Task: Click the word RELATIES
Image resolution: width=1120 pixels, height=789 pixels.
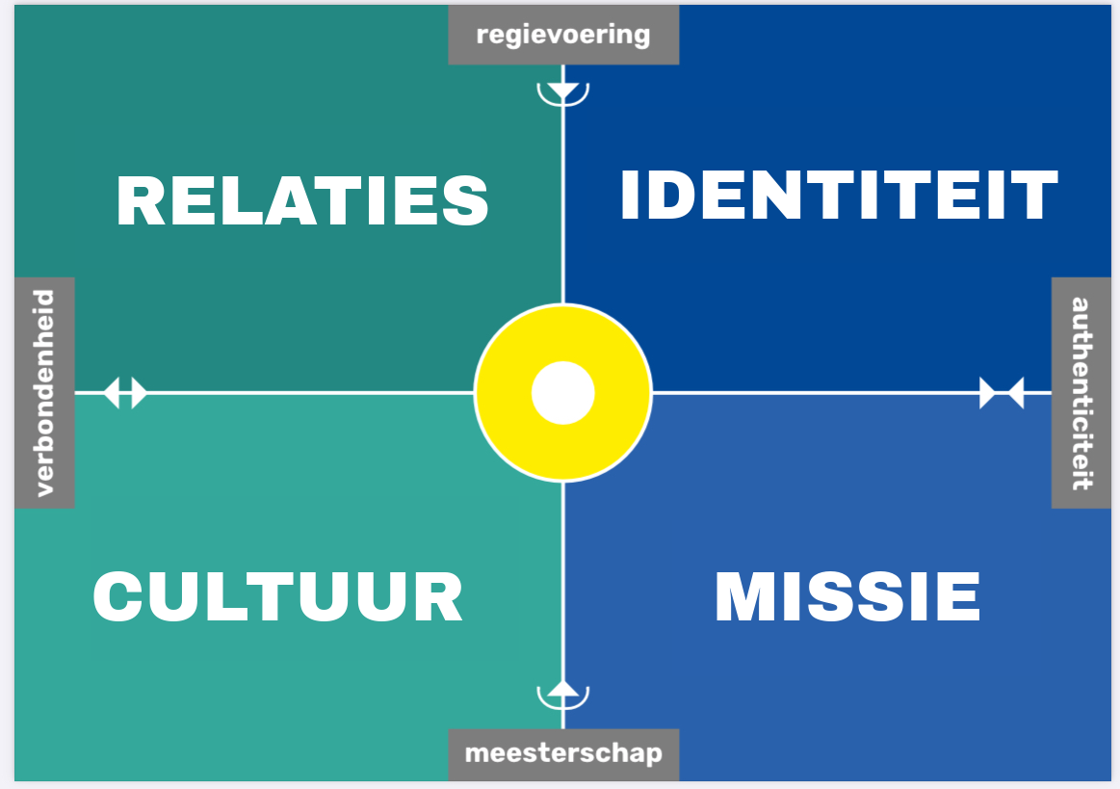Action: [302, 200]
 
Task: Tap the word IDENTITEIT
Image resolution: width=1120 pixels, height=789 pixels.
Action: [838, 196]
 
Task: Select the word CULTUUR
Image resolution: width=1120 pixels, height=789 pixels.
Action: [278, 597]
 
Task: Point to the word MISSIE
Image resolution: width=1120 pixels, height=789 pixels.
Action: [847, 597]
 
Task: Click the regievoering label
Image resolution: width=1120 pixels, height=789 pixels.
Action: [563, 36]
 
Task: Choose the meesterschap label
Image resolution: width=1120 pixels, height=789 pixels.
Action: [563, 753]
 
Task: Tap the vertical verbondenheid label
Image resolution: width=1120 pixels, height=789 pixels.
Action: [44, 393]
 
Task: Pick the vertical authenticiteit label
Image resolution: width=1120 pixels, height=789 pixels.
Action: [1081, 393]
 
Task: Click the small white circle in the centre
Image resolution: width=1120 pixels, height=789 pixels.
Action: [563, 393]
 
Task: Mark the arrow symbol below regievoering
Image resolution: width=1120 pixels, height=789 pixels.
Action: [563, 92]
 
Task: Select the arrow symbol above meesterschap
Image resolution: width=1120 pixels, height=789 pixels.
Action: [563, 692]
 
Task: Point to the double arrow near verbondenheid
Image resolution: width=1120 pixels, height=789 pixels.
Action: [125, 393]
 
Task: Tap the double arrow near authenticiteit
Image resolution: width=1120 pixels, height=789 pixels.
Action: [1002, 393]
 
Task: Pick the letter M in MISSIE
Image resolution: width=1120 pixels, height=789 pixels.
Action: [746, 597]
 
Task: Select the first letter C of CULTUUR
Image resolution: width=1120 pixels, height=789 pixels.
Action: [121, 597]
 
